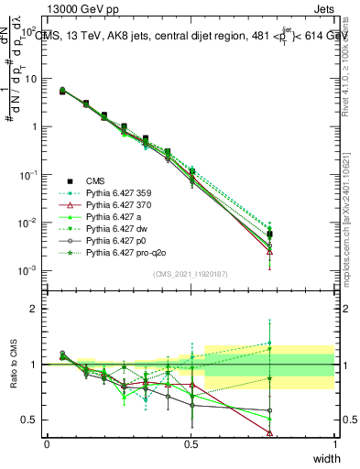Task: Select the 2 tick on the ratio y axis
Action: pos(37,309)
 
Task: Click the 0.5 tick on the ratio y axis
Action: pos(32,420)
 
